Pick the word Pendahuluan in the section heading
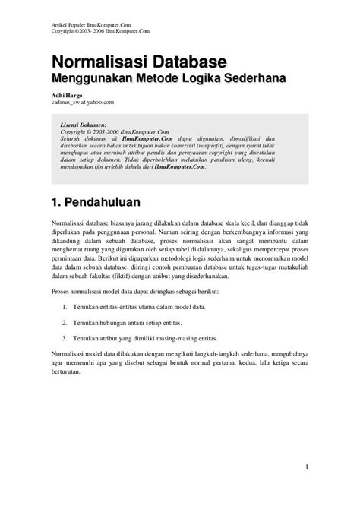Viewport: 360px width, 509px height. click(118, 204)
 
